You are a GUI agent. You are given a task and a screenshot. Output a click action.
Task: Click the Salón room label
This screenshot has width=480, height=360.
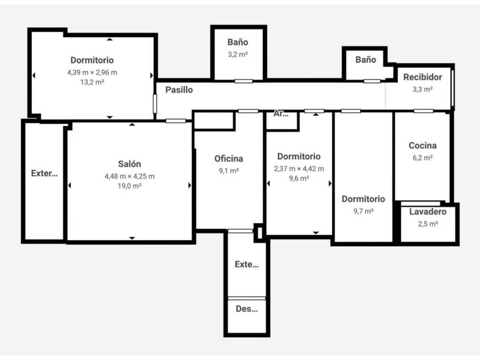click(129, 164)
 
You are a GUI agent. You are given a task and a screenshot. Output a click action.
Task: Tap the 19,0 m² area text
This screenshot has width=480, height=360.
click(129, 186)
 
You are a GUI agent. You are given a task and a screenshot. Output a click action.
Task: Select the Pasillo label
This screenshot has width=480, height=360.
click(179, 90)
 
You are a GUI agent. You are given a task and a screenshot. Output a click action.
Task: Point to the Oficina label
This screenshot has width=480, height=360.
click(229, 158)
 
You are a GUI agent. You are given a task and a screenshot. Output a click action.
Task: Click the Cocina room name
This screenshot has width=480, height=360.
click(422, 145)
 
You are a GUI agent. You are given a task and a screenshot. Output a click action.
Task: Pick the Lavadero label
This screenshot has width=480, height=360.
click(427, 211)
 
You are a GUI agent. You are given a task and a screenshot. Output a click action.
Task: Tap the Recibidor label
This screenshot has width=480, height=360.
click(422, 77)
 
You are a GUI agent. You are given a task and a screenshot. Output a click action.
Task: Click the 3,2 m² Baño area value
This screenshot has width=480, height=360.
click(238, 54)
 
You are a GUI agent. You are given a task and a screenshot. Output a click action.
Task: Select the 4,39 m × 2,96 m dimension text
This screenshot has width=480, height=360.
click(92, 73)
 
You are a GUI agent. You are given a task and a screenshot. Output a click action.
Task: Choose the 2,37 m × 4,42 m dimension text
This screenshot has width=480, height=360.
click(299, 169)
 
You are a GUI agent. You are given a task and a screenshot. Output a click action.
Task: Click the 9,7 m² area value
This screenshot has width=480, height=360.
click(363, 211)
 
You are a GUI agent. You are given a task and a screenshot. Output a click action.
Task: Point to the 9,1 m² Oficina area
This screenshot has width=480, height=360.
click(229, 171)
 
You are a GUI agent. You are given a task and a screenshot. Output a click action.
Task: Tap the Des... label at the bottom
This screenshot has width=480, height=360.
click(247, 308)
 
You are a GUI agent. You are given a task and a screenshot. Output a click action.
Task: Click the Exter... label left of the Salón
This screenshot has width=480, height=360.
click(45, 173)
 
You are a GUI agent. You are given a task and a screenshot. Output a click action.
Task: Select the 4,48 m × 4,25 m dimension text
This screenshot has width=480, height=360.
click(129, 176)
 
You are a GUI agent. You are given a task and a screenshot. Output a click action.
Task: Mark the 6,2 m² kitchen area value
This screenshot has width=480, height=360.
click(422, 157)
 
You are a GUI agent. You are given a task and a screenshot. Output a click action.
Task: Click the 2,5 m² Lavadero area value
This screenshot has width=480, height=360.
click(428, 224)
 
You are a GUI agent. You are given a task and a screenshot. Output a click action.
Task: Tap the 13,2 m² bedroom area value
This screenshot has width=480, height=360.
click(92, 82)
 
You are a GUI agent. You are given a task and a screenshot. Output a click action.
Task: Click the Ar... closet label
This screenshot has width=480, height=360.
click(281, 113)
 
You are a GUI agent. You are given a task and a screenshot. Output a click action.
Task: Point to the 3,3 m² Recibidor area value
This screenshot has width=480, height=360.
click(422, 90)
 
